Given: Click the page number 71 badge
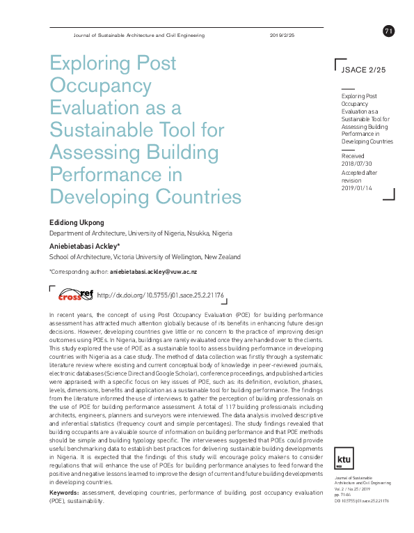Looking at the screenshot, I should tap(388, 31).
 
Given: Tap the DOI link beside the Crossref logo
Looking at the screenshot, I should tap(160, 295).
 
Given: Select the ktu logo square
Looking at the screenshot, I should tap(344, 440).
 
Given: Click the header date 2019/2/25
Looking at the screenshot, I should tap(282, 36).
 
